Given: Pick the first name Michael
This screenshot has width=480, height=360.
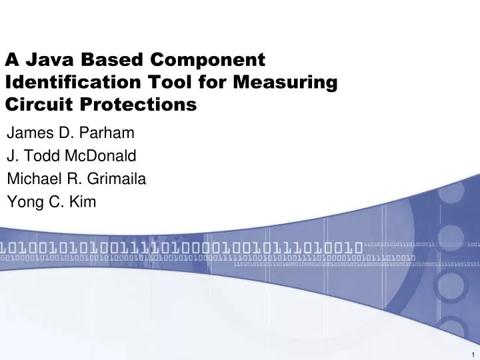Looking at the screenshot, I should (x=31, y=179).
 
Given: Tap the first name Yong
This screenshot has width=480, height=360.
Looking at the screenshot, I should (x=22, y=203).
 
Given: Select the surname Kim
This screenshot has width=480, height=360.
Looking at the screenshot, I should (x=84, y=203).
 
